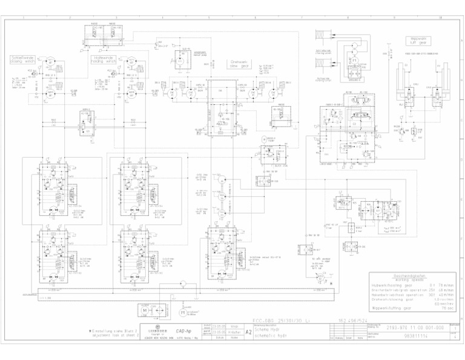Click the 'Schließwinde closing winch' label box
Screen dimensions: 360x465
pos(23,59)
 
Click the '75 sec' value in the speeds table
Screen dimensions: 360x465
pos(447,308)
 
